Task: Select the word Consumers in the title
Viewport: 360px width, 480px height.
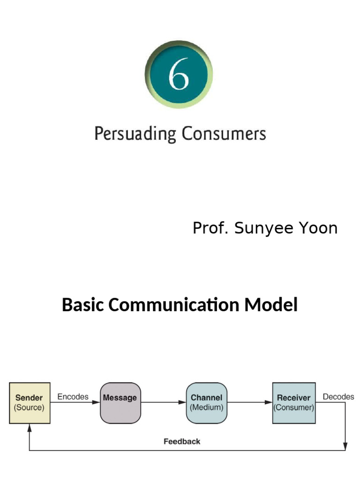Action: point(224,134)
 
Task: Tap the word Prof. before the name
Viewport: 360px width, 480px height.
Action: point(211,228)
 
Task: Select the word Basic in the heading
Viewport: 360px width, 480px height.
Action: point(83,305)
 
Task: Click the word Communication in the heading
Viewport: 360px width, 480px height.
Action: point(174,305)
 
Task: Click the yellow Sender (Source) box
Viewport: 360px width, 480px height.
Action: point(30,403)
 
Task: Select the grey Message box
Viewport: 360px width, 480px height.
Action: point(120,403)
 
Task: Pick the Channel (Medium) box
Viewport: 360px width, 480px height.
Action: point(206,403)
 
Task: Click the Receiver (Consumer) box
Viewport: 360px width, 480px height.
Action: point(294,403)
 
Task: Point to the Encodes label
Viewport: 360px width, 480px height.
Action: point(73,397)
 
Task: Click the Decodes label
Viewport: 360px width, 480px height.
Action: point(338,397)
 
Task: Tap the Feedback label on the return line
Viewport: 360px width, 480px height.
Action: point(182,441)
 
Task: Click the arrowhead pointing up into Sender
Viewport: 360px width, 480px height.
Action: point(30,427)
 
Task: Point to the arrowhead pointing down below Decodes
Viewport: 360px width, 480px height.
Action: point(346,447)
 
